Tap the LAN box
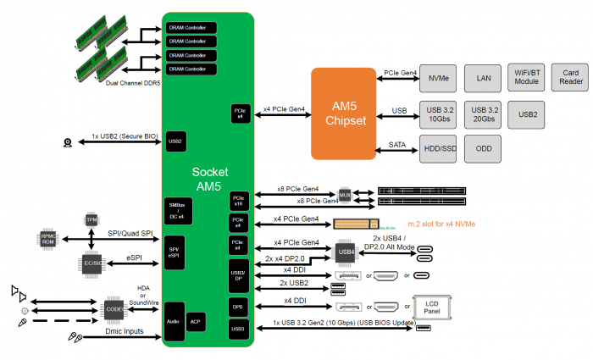[x=483, y=79]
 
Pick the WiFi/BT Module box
[x=527, y=79]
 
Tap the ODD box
[x=483, y=148]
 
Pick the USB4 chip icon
[x=345, y=252]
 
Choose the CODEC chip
[x=115, y=308]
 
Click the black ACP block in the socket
[x=196, y=321]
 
